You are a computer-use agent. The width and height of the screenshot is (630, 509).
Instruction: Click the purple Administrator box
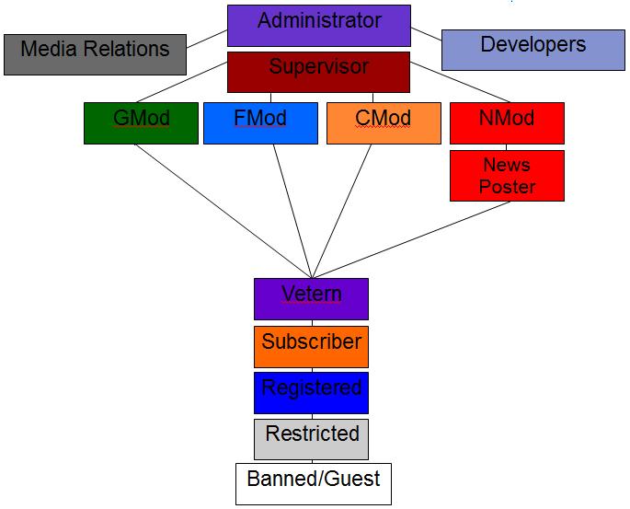(318, 26)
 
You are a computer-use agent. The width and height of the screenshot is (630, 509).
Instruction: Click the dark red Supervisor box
(318, 72)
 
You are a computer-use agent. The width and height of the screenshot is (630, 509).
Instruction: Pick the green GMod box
(141, 122)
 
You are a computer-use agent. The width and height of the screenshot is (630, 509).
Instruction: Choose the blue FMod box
(259, 122)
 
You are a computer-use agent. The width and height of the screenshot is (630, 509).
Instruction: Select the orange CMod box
(383, 122)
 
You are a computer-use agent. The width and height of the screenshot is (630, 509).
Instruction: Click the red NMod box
(506, 122)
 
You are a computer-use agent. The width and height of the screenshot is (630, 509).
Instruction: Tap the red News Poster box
(506, 176)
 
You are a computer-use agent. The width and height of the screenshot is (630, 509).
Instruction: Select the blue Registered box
(311, 392)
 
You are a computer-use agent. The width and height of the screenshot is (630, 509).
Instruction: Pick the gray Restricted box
(311, 438)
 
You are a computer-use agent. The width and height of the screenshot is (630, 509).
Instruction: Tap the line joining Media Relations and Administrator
(207, 40)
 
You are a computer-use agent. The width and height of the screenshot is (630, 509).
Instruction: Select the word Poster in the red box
(507, 187)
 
